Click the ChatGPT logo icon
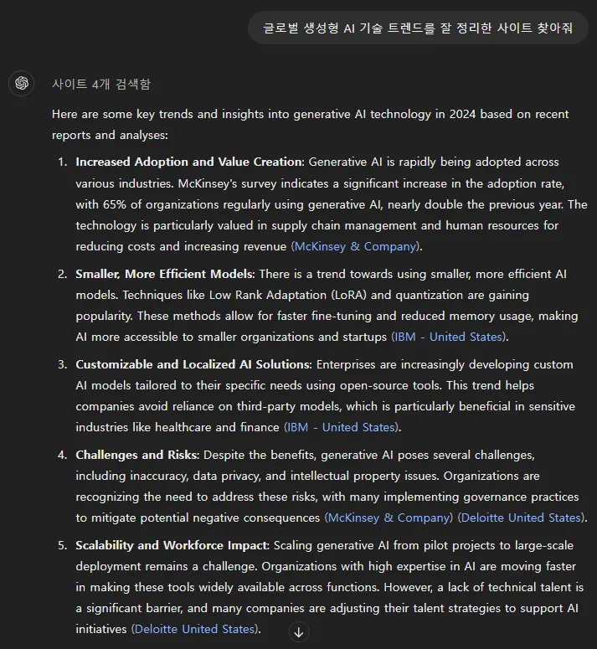[x=22, y=83]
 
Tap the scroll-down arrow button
[x=299, y=631]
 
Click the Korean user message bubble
[x=418, y=28]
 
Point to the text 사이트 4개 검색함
[x=101, y=84]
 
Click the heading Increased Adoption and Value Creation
[x=188, y=162]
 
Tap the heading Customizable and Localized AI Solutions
[x=193, y=364]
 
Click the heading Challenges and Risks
[x=137, y=455]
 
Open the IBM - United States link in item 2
[x=450, y=337]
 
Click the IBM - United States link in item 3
[x=342, y=427]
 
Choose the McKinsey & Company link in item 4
[x=389, y=518]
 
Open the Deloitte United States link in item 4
[x=522, y=518]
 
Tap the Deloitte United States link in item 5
[x=195, y=629]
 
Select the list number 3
[x=62, y=364]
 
